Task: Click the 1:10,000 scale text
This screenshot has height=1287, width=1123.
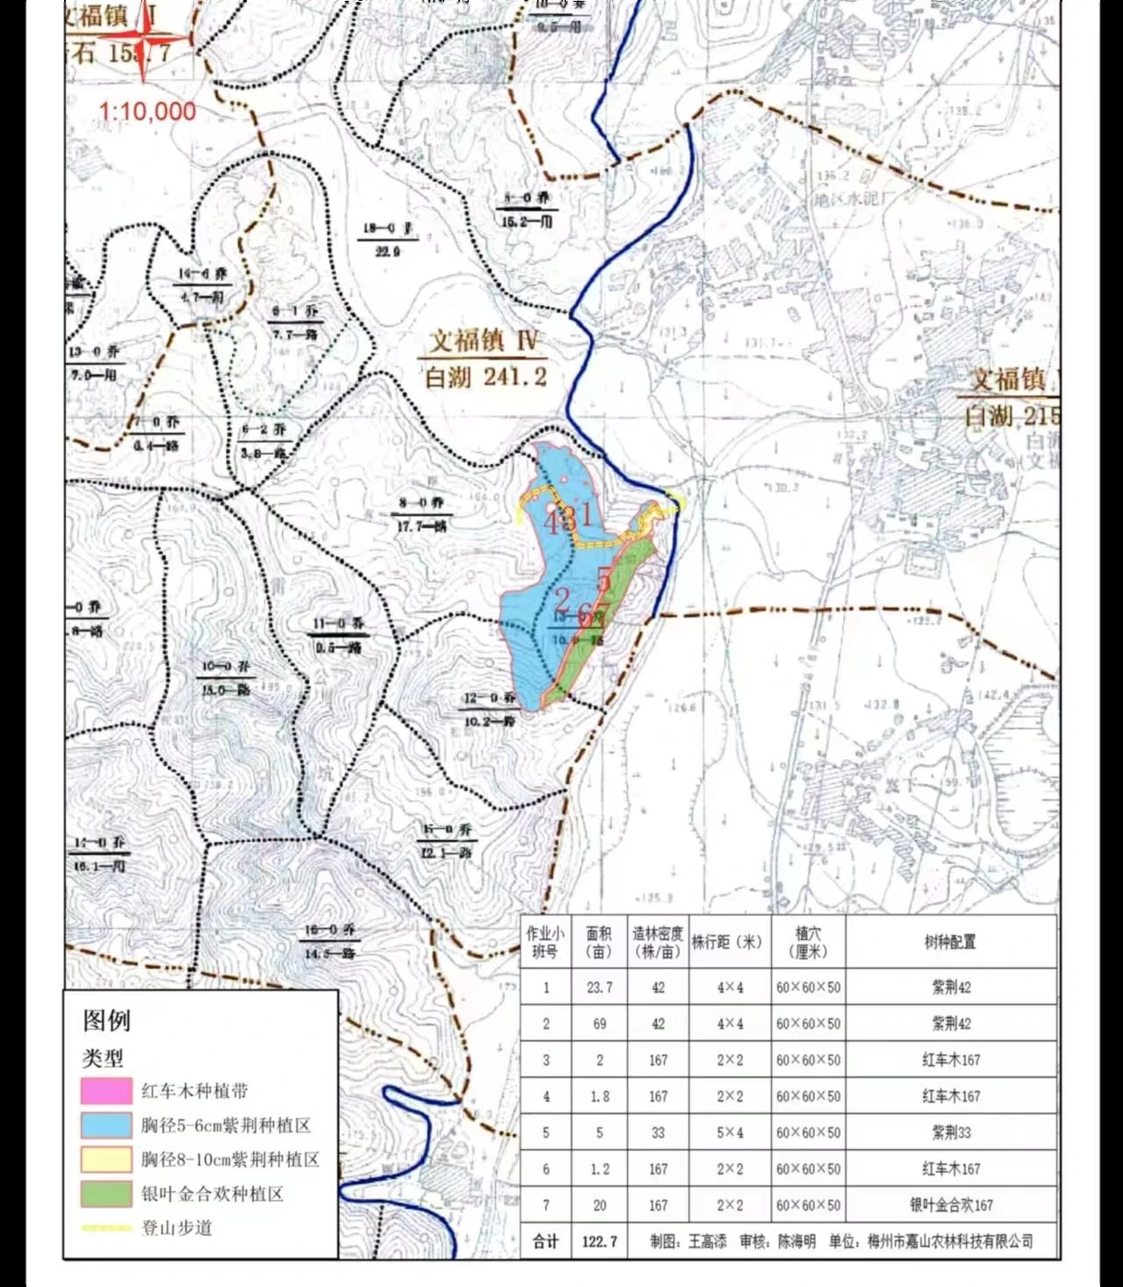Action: click(x=147, y=112)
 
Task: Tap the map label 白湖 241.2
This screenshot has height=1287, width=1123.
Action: click(x=486, y=377)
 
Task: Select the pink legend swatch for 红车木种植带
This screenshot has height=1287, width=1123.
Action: click(x=105, y=1091)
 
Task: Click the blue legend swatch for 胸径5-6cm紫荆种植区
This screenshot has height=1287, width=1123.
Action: click(x=105, y=1125)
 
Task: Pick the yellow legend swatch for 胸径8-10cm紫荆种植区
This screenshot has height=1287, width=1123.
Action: click(x=105, y=1160)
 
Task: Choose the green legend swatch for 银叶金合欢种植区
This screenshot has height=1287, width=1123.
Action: click(x=105, y=1194)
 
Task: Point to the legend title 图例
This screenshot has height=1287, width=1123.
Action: click(x=107, y=1020)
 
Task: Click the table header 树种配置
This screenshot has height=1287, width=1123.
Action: click(x=950, y=942)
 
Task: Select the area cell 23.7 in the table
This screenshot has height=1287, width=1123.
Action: click(x=599, y=987)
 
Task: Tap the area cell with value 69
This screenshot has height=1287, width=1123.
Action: click(x=599, y=1023)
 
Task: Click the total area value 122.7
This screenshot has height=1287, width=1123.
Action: click(x=599, y=1241)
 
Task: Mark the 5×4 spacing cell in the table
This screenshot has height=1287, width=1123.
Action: click(x=730, y=1132)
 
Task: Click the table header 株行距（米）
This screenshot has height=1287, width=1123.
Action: click(x=728, y=942)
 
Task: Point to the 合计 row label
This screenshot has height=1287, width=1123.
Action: click(x=545, y=1241)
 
